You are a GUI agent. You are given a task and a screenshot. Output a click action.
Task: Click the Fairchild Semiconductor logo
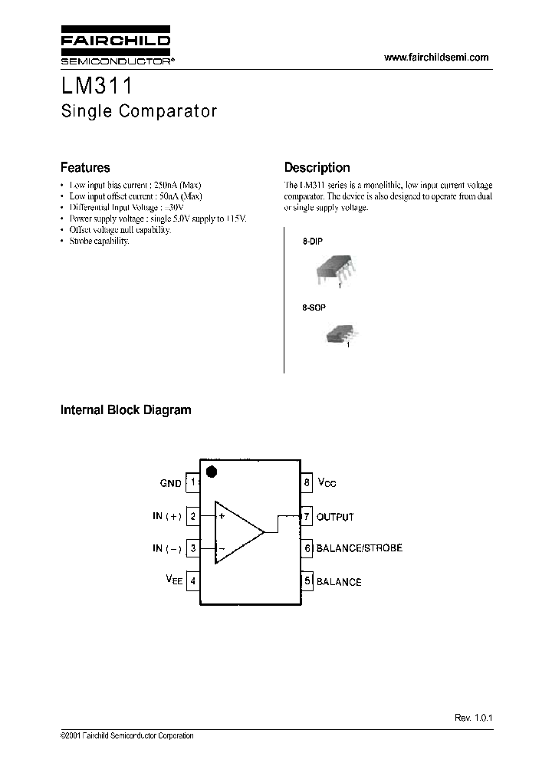tap(116, 47)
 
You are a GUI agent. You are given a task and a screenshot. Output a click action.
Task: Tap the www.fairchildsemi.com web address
tap(435, 58)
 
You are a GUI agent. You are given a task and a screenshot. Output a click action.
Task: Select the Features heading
tap(85, 167)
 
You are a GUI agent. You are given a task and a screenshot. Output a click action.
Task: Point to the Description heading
tap(317, 167)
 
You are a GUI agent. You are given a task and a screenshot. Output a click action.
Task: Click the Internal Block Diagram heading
tap(126, 410)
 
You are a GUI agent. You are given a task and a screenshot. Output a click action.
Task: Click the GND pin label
tap(170, 483)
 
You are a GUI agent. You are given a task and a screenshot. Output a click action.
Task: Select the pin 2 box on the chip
tap(192, 516)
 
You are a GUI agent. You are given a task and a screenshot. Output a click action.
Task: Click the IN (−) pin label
tap(166, 548)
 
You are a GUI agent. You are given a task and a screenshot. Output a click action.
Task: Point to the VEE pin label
tap(173, 581)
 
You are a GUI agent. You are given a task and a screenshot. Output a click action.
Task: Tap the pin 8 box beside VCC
tap(307, 482)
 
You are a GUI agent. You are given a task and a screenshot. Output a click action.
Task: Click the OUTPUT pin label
tap(335, 517)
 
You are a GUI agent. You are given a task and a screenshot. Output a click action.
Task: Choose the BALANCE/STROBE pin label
tap(359, 548)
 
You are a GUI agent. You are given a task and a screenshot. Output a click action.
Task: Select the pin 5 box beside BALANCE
tap(307, 581)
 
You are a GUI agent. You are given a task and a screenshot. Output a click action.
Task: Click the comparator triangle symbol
tap(236, 532)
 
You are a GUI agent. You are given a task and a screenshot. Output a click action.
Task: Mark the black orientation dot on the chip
tap(213, 471)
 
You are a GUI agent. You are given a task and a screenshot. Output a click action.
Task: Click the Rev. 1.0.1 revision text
tap(472, 718)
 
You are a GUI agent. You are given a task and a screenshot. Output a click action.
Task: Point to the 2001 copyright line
tap(127, 736)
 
